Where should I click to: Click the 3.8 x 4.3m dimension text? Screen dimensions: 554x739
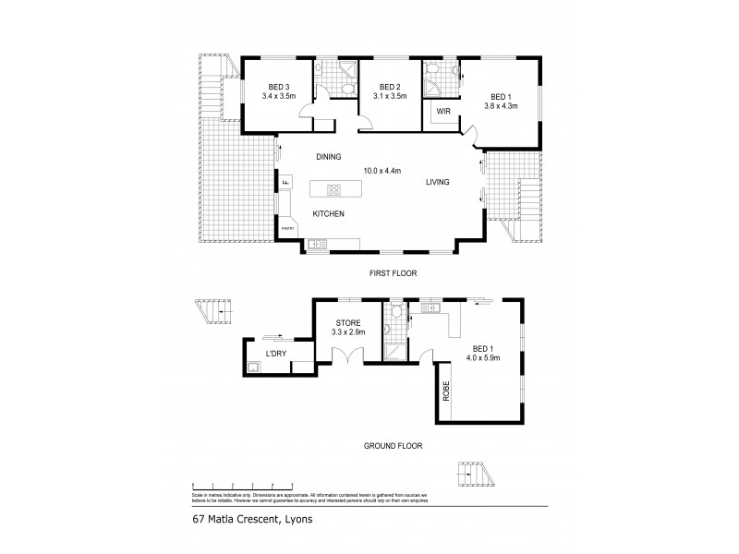pyautogui.click(x=500, y=105)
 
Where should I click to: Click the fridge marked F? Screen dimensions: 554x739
pyautogui.click(x=285, y=183)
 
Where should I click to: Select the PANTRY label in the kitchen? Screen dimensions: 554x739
pyautogui.click(x=287, y=226)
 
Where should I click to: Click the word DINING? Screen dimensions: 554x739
pyautogui.click(x=329, y=156)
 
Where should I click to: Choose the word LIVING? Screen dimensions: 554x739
pyautogui.click(x=437, y=182)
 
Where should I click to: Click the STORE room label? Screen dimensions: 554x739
pyautogui.click(x=348, y=322)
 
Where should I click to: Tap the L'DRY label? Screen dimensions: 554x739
pyautogui.click(x=275, y=354)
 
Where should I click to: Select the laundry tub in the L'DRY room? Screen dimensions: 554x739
pyautogui.click(x=254, y=366)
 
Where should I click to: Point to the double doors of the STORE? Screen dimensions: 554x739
pyautogui.click(x=349, y=361)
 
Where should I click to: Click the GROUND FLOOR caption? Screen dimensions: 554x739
pyautogui.click(x=392, y=445)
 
